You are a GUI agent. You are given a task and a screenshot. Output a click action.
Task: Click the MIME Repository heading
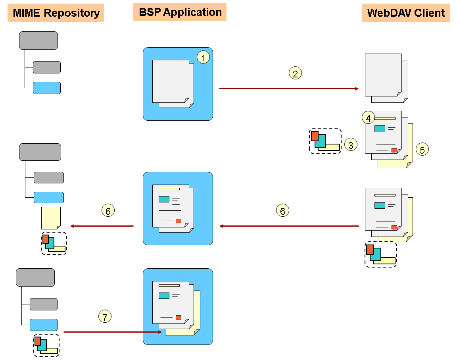point(56,13)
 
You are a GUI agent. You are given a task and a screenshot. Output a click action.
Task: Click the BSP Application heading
point(180,12)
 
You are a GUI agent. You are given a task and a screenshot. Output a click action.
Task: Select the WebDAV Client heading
point(406,13)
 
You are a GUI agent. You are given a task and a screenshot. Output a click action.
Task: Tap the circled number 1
point(203,58)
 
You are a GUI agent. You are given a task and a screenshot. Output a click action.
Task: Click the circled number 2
point(295,73)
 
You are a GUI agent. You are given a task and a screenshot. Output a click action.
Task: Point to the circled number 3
point(351,145)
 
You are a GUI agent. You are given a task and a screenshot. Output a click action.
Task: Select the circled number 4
point(369,118)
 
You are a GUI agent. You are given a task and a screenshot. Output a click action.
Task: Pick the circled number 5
point(422,149)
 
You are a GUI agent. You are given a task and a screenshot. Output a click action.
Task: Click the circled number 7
point(105,316)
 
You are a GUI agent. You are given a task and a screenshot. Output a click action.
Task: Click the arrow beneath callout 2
point(289,89)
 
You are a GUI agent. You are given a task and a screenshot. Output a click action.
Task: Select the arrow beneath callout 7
point(113,332)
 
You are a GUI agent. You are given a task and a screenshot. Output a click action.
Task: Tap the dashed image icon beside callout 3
point(325,141)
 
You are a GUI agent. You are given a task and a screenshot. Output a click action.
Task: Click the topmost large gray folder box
point(38,40)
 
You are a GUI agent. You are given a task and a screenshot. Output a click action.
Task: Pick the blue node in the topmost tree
point(47,88)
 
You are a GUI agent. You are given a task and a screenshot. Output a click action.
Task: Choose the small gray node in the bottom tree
point(44,304)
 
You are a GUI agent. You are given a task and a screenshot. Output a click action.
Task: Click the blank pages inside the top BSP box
point(173,83)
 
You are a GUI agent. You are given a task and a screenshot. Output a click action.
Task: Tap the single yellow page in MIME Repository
point(51,218)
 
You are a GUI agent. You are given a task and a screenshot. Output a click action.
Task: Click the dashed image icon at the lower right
point(381,254)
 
